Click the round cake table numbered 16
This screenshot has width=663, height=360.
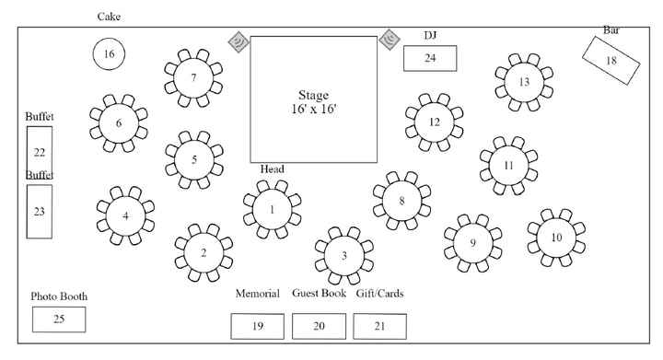click(x=109, y=53)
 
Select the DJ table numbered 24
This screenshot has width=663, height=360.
click(x=430, y=58)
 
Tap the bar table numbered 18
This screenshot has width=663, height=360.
click(x=611, y=60)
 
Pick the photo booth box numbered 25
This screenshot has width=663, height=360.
click(x=59, y=319)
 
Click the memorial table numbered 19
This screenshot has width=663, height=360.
click(x=257, y=326)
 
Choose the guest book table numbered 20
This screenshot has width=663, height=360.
click(x=319, y=326)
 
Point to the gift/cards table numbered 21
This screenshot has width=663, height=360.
click(x=379, y=326)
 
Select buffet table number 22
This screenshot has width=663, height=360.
click(x=40, y=152)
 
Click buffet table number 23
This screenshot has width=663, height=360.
click(x=40, y=211)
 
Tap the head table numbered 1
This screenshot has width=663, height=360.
click(x=272, y=209)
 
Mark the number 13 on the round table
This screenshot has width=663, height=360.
click(x=524, y=81)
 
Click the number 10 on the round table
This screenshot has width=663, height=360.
click(x=556, y=237)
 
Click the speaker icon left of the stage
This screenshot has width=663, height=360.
click(x=238, y=42)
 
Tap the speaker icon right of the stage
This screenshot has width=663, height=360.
click(x=389, y=39)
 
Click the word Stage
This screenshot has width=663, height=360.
click(x=313, y=95)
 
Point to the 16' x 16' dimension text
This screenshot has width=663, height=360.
click(x=313, y=109)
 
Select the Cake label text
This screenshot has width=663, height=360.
click(x=109, y=17)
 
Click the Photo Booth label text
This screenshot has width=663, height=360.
click(x=59, y=296)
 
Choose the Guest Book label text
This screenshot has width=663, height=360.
click(x=319, y=294)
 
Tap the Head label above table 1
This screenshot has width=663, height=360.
click(x=272, y=169)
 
